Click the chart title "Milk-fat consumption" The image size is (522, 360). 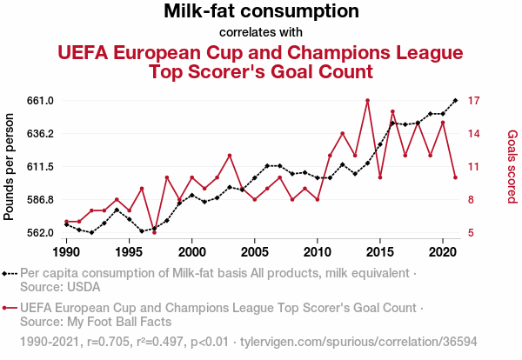click(x=261, y=11)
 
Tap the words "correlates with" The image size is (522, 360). click(x=261, y=33)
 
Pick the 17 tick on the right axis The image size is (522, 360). click(x=475, y=101)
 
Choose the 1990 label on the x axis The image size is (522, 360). click(x=66, y=251)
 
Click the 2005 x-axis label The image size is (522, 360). click(x=254, y=251)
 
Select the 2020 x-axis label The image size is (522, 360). click(x=443, y=251)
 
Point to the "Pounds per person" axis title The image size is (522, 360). click(x=10, y=166)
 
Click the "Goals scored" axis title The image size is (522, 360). click(x=512, y=166)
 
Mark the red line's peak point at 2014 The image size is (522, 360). click(x=367, y=100)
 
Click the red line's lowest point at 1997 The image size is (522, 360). click(x=154, y=232)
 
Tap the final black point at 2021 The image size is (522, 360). click(x=455, y=100)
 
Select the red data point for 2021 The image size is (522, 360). click(x=455, y=177)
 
